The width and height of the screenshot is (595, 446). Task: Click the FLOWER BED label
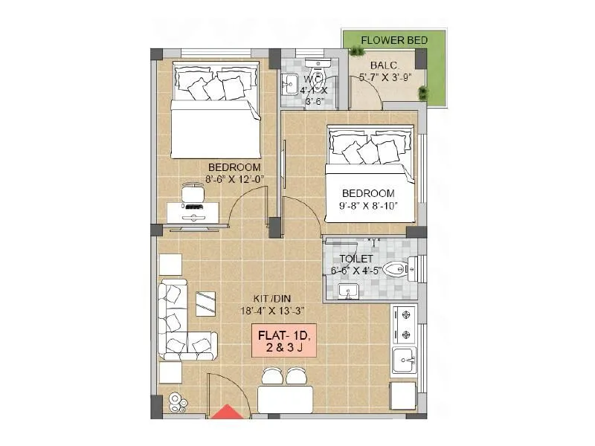pyautogui.click(x=394, y=40)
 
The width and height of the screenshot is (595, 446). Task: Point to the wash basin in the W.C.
pyautogui.click(x=290, y=84)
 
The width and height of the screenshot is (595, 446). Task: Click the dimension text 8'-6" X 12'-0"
pyautogui.click(x=234, y=178)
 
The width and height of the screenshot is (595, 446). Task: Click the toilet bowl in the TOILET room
pyautogui.click(x=396, y=269)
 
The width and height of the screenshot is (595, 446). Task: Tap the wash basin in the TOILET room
pyautogui.click(x=347, y=291)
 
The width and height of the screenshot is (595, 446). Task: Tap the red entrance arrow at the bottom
pyautogui.click(x=226, y=413)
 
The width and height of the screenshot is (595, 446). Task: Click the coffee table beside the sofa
pyautogui.click(x=206, y=303)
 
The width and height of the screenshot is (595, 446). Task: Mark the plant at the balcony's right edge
pyautogui.click(x=423, y=93)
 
